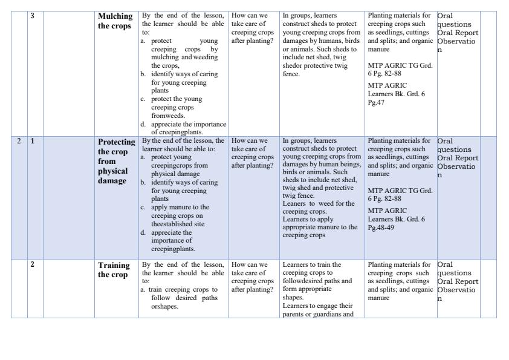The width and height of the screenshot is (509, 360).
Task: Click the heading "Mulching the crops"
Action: click(x=114, y=21)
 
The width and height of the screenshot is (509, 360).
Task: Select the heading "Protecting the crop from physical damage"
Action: click(x=116, y=160)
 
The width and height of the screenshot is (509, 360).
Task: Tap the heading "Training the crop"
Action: click(x=114, y=270)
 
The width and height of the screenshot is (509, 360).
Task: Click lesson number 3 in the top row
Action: click(x=32, y=15)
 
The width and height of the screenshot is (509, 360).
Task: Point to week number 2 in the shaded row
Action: click(x=19, y=141)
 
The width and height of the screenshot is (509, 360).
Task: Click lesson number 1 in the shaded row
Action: click(x=33, y=141)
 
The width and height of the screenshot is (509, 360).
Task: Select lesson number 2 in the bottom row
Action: click(x=32, y=264)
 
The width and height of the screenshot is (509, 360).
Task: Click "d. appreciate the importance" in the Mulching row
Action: click(x=184, y=125)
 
